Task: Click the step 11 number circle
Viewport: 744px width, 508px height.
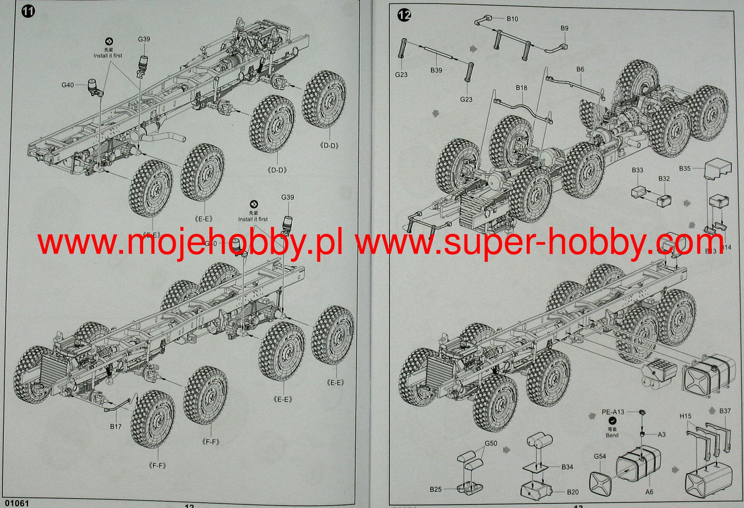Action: click(28, 11)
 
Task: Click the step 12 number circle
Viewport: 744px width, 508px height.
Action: click(404, 15)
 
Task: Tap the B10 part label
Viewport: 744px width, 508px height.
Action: click(512, 19)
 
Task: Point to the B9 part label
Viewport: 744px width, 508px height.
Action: click(564, 28)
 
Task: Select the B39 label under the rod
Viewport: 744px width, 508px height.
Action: click(436, 70)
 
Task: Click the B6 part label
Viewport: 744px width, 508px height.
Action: click(580, 69)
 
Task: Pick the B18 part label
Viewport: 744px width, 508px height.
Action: click(521, 88)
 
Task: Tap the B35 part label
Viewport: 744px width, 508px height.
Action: click(685, 169)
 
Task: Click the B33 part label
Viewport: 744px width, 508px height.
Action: click(638, 170)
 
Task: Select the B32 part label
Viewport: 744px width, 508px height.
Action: click(664, 179)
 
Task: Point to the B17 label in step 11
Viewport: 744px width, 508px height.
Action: click(116, 427)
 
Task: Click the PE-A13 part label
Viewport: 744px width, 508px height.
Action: click(613, 412)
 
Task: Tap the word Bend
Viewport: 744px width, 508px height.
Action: click(612, 435)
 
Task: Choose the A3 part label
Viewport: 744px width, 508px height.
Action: click(661, 435)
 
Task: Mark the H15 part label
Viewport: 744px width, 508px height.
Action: click(685, 416)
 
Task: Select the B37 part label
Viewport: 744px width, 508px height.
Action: click(725, 411)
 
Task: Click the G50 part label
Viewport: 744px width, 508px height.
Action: click(491, 444)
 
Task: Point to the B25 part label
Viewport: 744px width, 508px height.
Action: click(436, 489)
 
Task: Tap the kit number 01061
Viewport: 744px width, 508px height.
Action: click(15, 503)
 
